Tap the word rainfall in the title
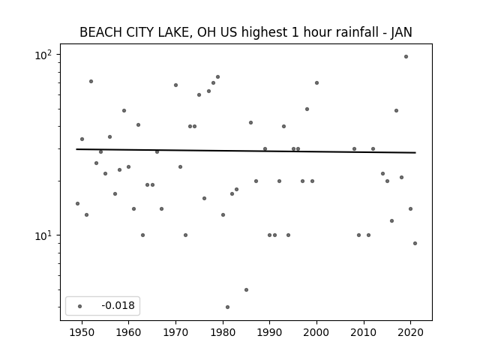point(356,32)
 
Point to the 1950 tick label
point(82,332)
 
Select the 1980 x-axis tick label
point(223,332)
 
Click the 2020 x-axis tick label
point(410,332)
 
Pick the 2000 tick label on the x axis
point(316,332)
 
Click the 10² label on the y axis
point(43,55)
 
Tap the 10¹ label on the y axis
point(43,235)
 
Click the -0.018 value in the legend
point(118,305)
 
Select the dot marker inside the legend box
point(80,306)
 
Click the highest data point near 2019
point(406,57)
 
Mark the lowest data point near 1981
point(227,307)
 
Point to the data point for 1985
point(247,290)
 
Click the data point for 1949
point(77,203)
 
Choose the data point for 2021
point(415,243)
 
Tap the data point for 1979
point(217,76)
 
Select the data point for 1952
point(91,82)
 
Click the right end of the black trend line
point(415,152)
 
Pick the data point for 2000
point(316,83)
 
